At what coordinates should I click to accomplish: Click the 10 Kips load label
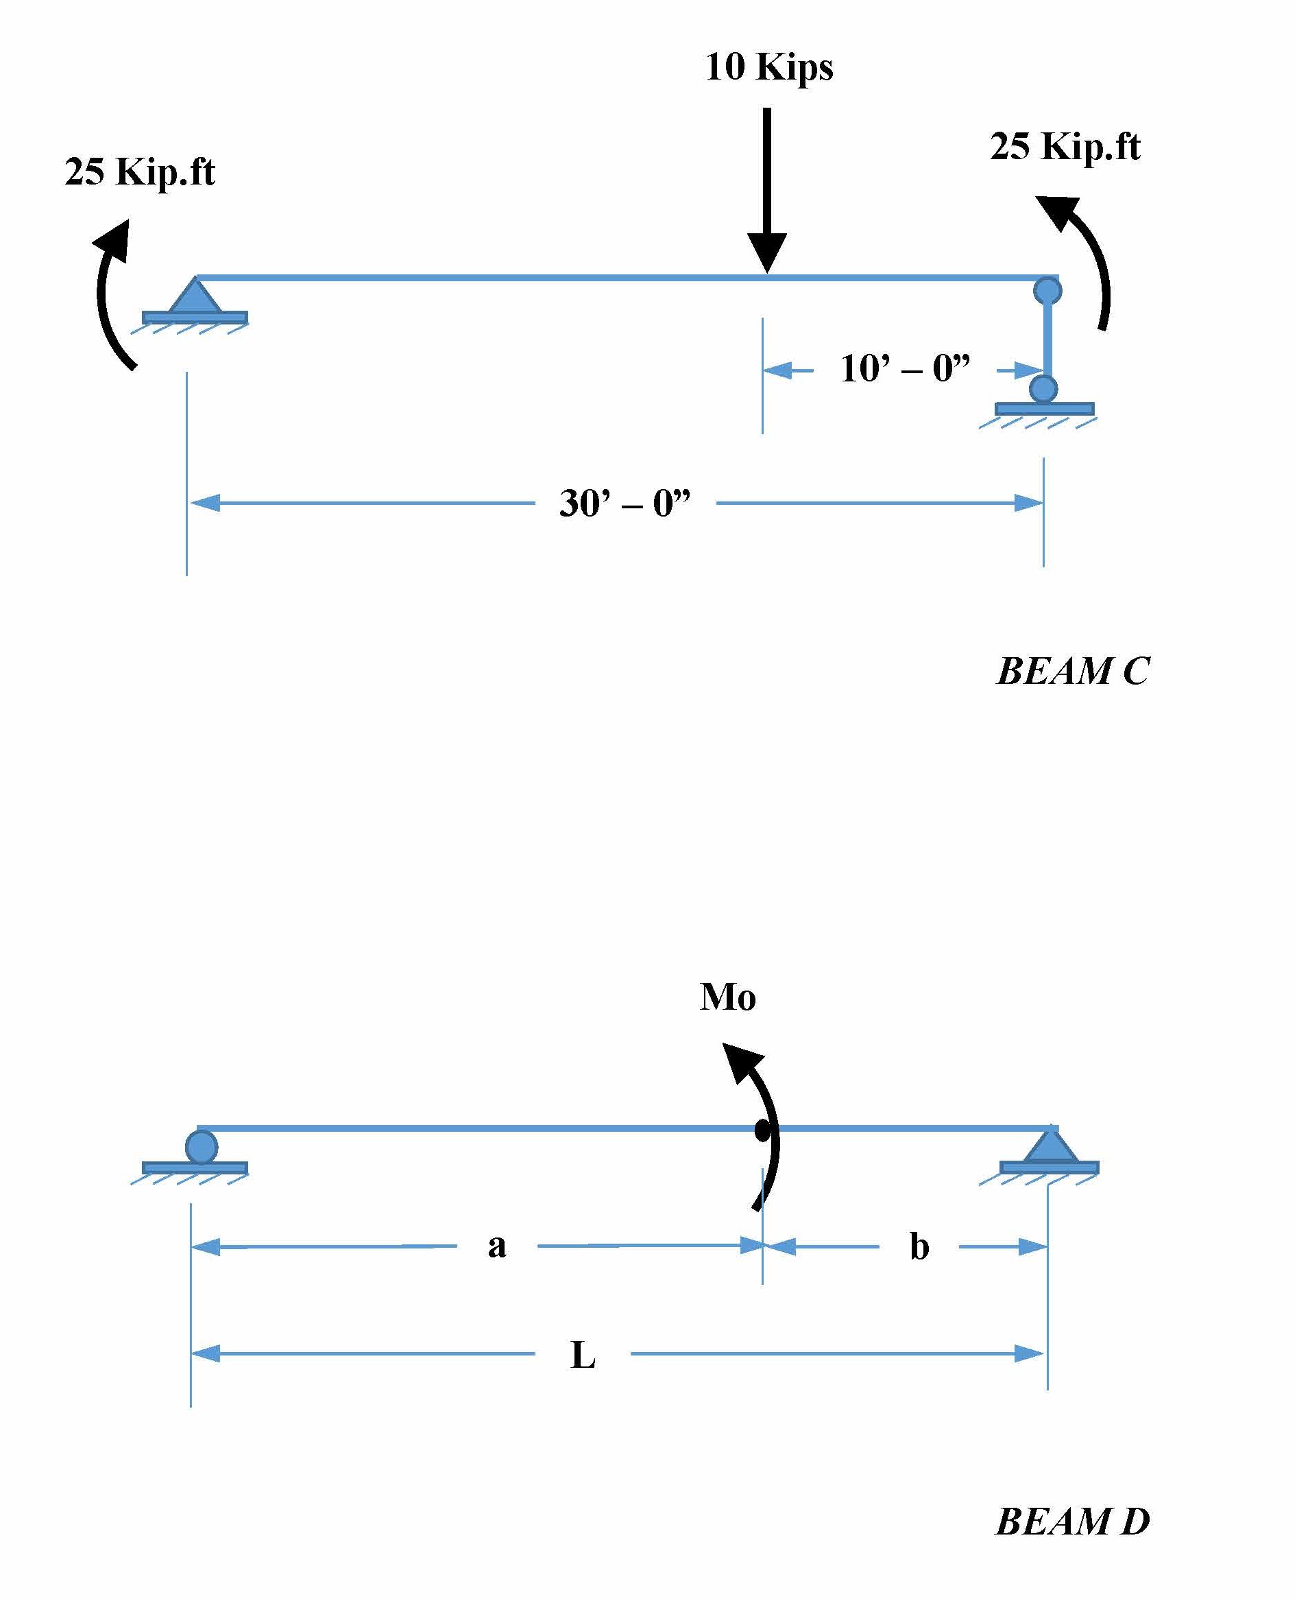coord(768,67)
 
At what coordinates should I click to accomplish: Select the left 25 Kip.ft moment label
coord(140,172)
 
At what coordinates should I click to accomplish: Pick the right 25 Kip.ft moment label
coord(1065,147)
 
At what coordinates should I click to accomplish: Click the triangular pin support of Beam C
coord(195,297)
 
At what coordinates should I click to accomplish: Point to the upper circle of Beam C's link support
coord(1047,290)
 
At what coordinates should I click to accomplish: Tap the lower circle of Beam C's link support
coord(1043,389)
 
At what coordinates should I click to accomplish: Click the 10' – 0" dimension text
coord(905,368)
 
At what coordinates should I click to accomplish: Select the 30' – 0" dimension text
coord(625,503)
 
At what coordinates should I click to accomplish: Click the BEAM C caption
coord(1073,672)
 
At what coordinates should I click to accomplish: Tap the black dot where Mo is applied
coord(762,1131)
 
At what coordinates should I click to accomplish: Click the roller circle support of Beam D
coord(201,1147)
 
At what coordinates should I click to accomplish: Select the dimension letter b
coord(919,1247)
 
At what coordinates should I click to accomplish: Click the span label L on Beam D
coord(583,1355)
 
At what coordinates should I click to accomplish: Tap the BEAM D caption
coord(1073,1522)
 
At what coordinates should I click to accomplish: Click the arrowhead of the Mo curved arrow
coord(741,1061)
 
